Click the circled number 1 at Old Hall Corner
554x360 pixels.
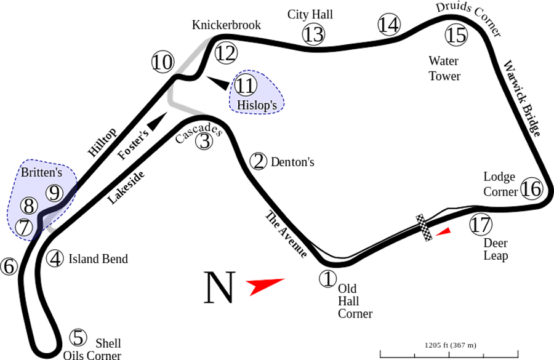pos(328,278)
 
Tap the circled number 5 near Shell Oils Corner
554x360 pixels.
pos(78,337)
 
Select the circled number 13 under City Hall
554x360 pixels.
pos(313,34)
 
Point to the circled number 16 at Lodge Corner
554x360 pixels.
pos(532,189)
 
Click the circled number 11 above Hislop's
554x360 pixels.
pos(246,86)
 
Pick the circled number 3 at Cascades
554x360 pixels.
pos(204,141)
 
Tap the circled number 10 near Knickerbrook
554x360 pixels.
pos(163,62)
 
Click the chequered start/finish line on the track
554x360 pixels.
pos(424,228)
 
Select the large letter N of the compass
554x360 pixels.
pos(220,287)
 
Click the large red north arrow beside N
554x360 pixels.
pos(264,285)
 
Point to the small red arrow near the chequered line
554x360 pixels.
pos(443,232)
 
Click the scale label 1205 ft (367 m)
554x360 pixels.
pos(450,345)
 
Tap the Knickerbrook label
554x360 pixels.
pos(227,25)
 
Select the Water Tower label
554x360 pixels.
pos(445,68)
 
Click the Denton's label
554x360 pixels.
pos(292,162)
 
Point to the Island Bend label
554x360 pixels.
pos(98,258)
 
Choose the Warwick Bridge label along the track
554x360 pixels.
pos(521,98)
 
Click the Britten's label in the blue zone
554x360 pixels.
pos(41,172)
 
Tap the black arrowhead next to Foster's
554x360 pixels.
pos(156,121)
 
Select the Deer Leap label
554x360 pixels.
pos(496,249)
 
